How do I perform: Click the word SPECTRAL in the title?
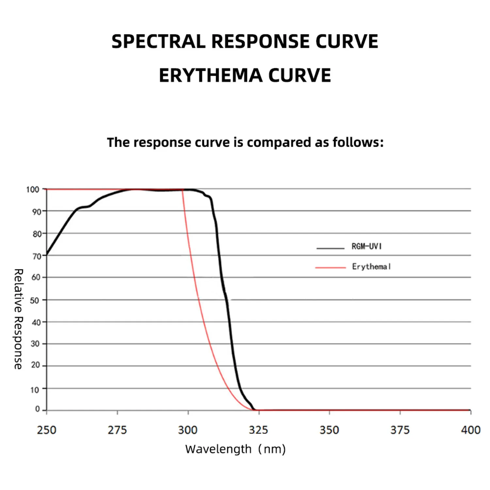click(158, 41)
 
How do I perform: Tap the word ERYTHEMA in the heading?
click(211, 75)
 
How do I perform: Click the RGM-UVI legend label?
click(367, 246)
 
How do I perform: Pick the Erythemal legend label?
click(371, 267)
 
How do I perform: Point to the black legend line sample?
click(330, 249)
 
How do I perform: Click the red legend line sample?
click(330, 268)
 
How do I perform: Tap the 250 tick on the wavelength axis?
click(47, 430)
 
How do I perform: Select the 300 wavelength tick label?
click(188, 430)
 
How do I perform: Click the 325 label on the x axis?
click(258, 430)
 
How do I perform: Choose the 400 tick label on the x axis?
click(470, 430)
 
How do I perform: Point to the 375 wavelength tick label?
click(400, 430)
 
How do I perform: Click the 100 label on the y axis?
click(33, 189)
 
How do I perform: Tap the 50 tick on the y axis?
click(35, 300)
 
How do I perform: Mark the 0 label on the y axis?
click(38, 409)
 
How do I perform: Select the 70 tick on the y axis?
click(37, 256)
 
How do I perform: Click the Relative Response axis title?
click(18, 319)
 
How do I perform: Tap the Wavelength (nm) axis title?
click(235, 449)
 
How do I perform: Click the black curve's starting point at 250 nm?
click(47, 254)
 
